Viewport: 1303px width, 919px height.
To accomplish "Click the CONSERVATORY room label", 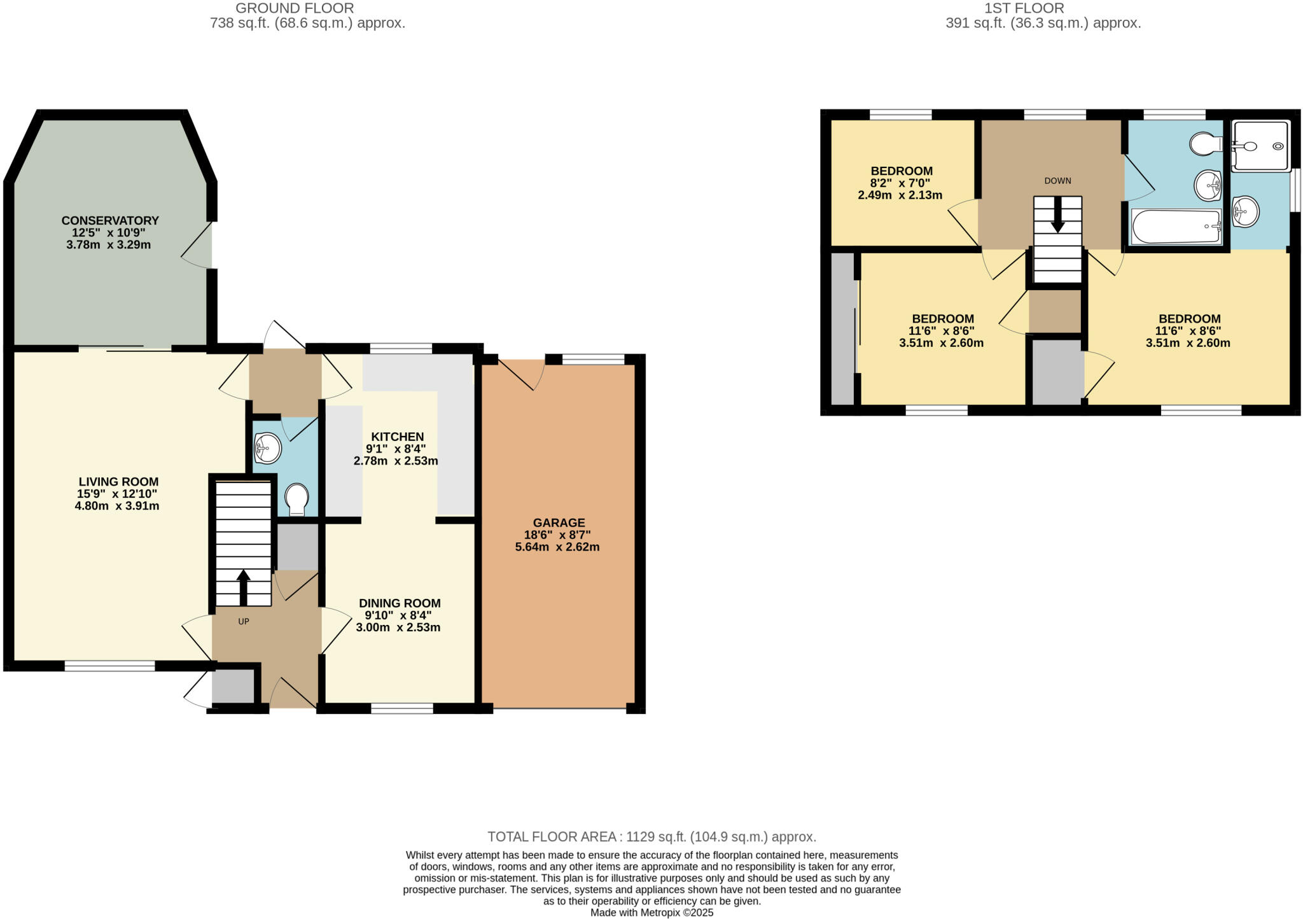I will [109, 221].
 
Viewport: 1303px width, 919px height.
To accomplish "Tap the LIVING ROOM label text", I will [118, 482].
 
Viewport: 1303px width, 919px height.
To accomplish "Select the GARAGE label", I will [558, 523].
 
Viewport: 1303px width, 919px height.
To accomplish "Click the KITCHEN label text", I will [397, 437].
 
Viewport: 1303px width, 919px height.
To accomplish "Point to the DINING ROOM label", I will [399, 603].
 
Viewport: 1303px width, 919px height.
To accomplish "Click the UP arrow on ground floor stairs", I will [243, 586].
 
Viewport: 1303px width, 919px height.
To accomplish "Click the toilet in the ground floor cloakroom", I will [296, 498].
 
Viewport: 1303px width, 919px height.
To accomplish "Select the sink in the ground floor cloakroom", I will [267, 448].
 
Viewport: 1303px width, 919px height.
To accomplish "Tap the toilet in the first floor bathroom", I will [1205, 144].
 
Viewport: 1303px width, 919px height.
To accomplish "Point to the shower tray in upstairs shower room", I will [1261, 146].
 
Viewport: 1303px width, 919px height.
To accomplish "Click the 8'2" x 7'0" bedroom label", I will [901, 171].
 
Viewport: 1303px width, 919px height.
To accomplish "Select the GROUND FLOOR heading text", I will [295, 8].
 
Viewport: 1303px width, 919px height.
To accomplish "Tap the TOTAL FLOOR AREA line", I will [651, 837].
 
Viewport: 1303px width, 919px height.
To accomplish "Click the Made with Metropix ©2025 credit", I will [651, 913].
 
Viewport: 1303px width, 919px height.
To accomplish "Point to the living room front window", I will [109, 666].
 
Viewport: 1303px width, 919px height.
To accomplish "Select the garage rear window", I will [594, 360].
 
